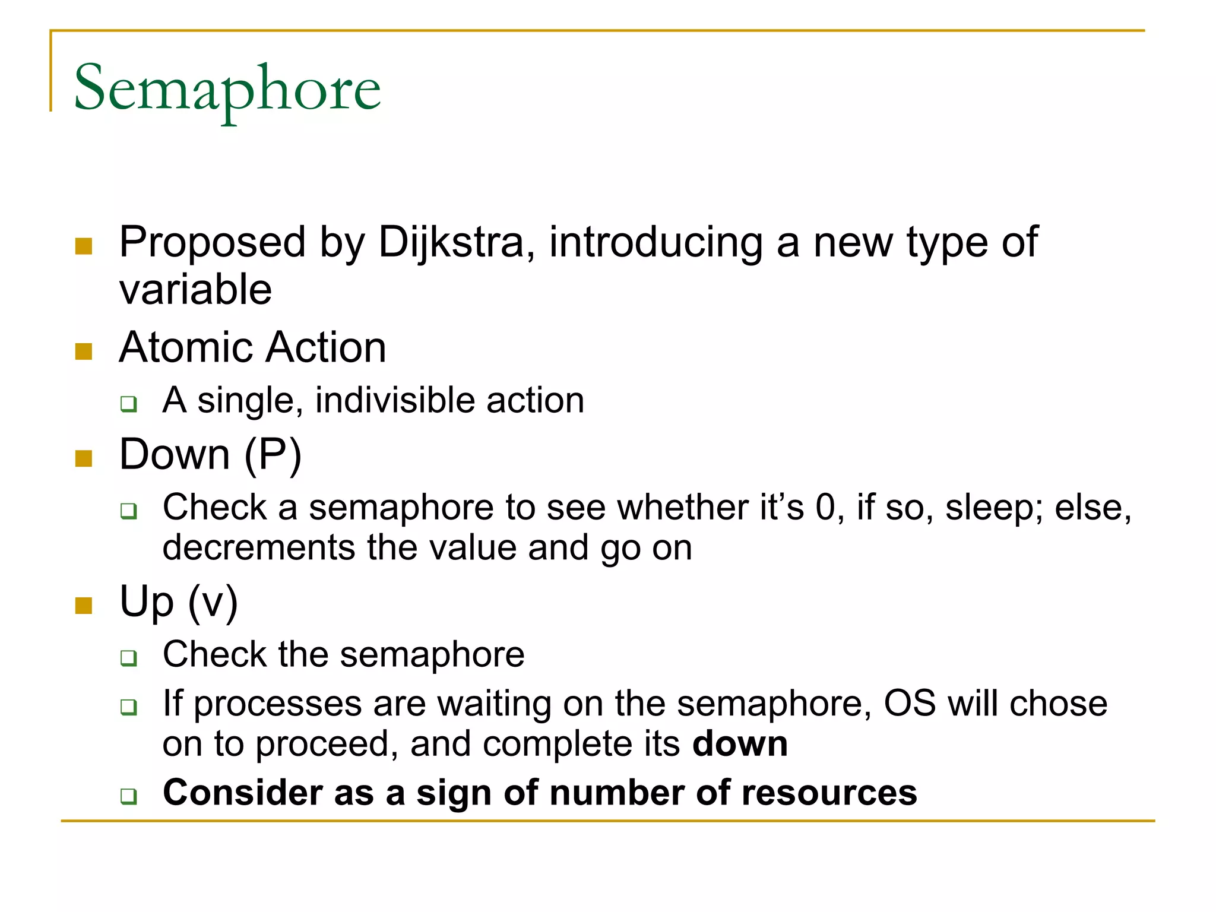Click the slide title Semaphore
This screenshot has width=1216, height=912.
click(227, 89)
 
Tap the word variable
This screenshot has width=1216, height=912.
click(195, 290)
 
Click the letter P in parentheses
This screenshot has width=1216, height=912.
click(273, 455)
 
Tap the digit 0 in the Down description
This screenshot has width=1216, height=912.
click(825, 508)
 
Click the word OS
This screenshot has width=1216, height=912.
click(910, 704)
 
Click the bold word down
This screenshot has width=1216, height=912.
click(739, 744)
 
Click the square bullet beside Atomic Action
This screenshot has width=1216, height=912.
click(84, 351)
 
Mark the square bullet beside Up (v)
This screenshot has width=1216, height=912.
click(84, 606)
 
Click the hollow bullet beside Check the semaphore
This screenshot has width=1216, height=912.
click(129, 658)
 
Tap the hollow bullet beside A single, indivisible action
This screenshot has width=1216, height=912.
click(129, 404)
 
